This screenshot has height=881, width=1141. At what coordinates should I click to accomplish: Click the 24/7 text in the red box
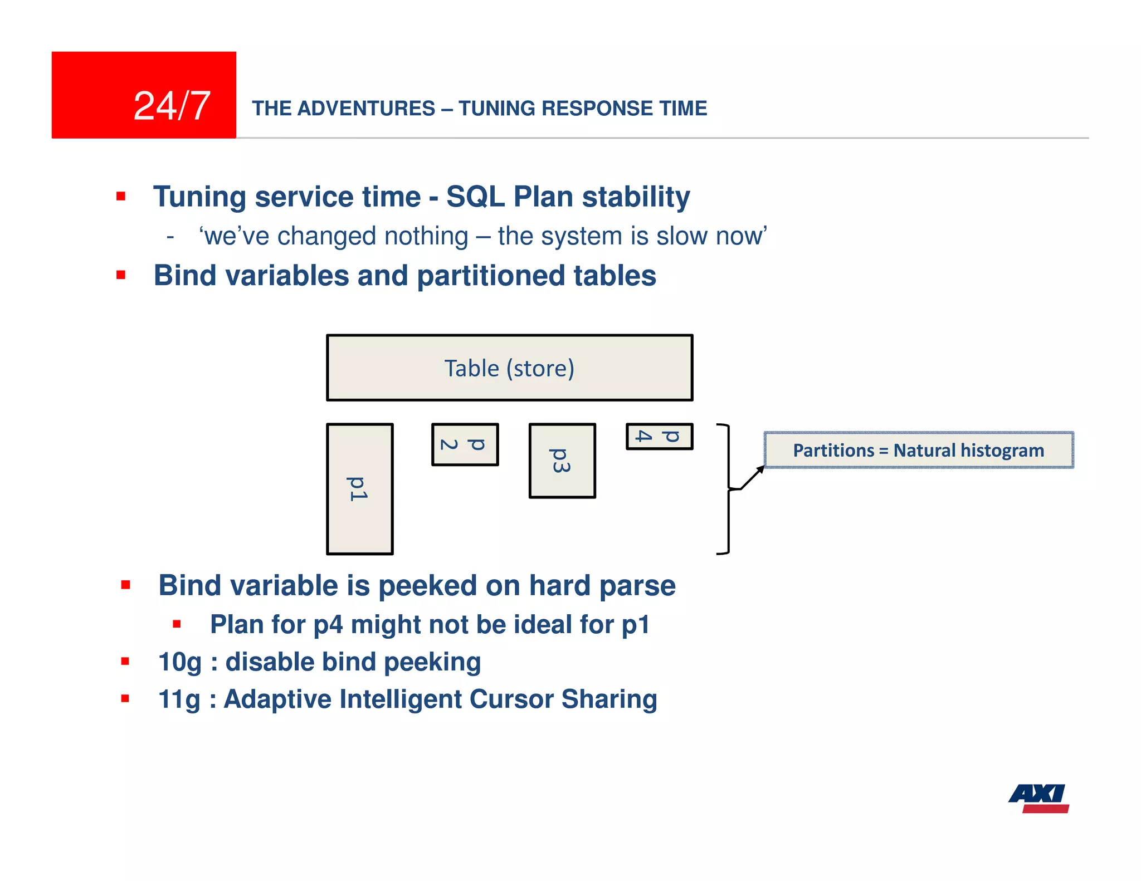(172, 106)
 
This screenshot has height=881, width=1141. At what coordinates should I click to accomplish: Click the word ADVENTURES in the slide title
(366, 108)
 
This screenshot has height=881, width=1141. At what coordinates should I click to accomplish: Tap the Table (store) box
(509, 368)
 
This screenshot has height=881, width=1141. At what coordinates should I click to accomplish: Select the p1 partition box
(359, 489)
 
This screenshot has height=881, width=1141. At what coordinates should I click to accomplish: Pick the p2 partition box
(465, 444)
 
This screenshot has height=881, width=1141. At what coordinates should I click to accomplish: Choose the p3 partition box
(562, 461)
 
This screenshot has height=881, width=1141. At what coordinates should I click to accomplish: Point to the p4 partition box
(659, 436)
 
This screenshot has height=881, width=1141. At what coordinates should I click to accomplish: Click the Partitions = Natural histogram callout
(918, 450)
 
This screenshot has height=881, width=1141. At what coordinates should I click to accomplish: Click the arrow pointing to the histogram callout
(752, 477)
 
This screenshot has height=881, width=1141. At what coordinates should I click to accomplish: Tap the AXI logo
(1038, 798)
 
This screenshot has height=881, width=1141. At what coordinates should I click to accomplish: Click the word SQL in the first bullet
(475, 197)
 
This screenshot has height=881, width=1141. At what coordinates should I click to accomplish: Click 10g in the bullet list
(179, 662)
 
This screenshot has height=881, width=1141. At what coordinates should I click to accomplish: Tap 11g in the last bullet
(179, 699)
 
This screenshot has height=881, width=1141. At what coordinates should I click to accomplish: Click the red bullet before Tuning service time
(121, 196)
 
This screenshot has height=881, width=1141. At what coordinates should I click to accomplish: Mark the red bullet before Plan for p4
(177, 624)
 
